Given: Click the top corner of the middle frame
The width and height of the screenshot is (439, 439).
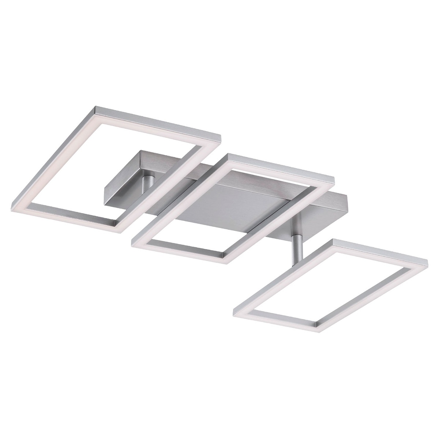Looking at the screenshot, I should (229, 156).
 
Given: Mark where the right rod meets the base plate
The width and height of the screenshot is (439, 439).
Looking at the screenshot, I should (297, 219).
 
